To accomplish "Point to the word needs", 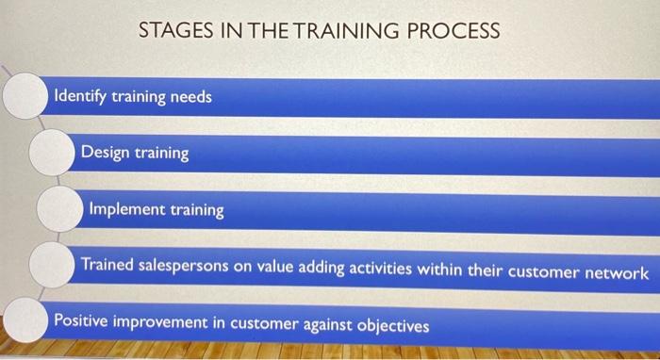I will tap(191, 96).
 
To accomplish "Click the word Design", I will tap(107, 152).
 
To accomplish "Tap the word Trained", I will tap(107, 267).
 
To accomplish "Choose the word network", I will tap(614, 272).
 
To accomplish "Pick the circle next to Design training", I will tap(51, 152).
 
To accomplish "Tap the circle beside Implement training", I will tap(58, 208).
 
